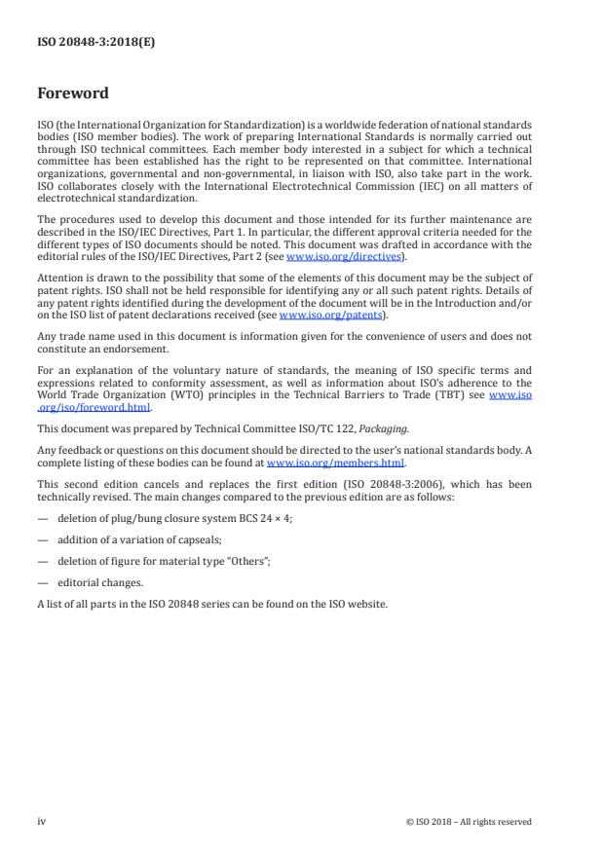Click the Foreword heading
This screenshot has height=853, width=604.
(73, 94)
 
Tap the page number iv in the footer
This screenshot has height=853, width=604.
(42, 821)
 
